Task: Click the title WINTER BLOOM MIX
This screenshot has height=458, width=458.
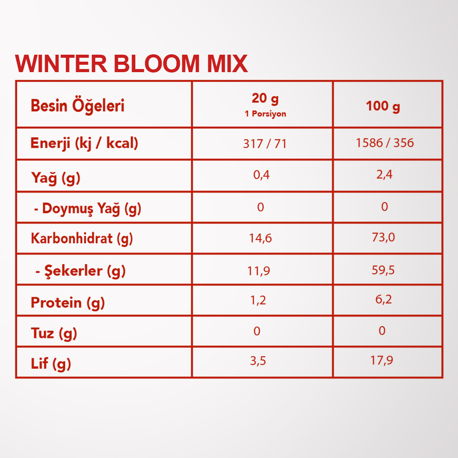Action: coord(131,63)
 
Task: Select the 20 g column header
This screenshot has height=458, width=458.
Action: coord(265,99)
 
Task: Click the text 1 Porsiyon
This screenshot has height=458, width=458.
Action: coord(265,114)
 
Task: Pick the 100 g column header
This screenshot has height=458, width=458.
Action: coord(383,106)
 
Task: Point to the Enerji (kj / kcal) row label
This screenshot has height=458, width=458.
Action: coord(84,143)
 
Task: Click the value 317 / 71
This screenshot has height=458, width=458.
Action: coord(264,144)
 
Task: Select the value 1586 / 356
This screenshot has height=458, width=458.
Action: coord(385,143)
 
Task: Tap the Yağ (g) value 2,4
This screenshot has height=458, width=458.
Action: coord(384,175)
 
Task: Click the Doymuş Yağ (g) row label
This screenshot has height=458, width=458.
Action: coord(88,209)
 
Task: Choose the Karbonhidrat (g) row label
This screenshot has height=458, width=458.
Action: coord(82,239)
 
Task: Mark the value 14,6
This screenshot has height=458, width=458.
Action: coord(260,239)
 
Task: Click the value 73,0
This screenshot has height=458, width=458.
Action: coord(383,237)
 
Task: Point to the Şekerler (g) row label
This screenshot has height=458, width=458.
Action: coord(81,271)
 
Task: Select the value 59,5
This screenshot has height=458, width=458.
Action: coord(383,270)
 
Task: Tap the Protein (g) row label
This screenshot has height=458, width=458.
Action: coord(68,302)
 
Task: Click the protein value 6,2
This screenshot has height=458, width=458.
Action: coord(383,299)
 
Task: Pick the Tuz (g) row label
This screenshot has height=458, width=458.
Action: coord(54,334)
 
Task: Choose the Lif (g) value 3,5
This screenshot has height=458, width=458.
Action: coord(258,361)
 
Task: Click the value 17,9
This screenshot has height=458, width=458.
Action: coord(382,360)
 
